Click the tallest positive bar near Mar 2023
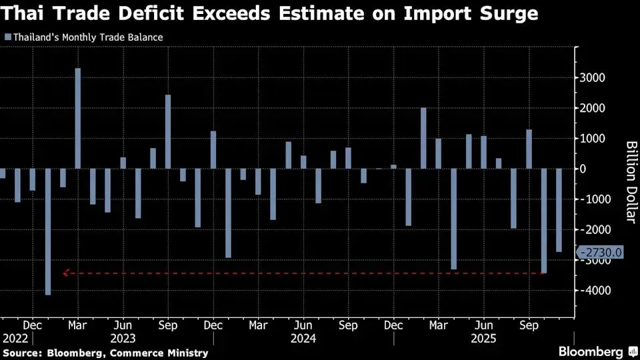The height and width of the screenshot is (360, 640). pyautogui.click(x=78, y=118)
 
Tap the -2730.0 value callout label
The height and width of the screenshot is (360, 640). pyautogui.click(x=602, y=252)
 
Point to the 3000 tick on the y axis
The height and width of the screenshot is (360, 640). pyautogui.click(x=592, y=78)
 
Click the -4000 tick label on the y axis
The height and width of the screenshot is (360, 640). pyautogui.click(x=591, y=291)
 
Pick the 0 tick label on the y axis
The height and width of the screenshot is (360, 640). pyautogui.click(x=583, y=169)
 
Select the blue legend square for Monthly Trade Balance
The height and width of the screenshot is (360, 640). pyautogui.click(x=7, y=37)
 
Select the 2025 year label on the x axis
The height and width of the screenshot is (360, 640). pyautogui.click(x=484, y=338)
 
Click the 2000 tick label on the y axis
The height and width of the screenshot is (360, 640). pyautogui.click(x=592, y=108)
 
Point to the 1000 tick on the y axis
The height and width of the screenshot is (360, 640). pyautogui.click(x=592, y=139)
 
